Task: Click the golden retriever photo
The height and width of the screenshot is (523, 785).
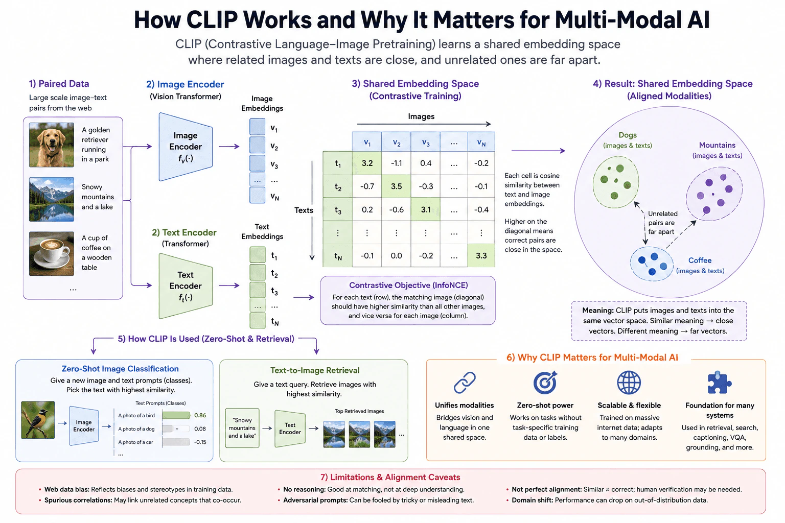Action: [52, 145]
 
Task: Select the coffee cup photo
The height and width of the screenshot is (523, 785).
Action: [52, 254]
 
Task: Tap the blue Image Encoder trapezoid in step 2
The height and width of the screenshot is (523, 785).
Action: [186, 147]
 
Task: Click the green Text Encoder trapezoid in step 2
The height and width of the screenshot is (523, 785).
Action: [186, 286]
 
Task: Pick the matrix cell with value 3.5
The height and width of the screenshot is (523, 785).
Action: [397, 186]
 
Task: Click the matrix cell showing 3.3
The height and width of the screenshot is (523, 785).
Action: [481, 255]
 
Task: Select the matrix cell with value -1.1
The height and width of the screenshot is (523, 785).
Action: [397, 163]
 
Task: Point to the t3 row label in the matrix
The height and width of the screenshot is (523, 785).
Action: [337, 209]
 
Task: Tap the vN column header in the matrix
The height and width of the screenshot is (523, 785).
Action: [481, 142]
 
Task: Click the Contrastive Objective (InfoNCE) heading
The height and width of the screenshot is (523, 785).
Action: [408, 285]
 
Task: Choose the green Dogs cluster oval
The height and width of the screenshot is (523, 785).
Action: [616, 182]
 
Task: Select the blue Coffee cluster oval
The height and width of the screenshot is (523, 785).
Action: [652, 264]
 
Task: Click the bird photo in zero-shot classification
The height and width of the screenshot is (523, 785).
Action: [38, 420]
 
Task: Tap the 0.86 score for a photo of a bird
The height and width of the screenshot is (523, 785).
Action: [200, 415]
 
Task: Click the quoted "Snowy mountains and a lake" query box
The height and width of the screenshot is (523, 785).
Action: [242, 427]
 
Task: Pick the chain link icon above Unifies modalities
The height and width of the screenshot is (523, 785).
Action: [465, 383]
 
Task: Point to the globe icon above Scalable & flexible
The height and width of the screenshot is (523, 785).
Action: [629, 383]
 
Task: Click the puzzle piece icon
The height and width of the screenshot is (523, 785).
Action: [720, 383]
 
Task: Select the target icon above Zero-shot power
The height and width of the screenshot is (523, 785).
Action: [545, 383]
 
